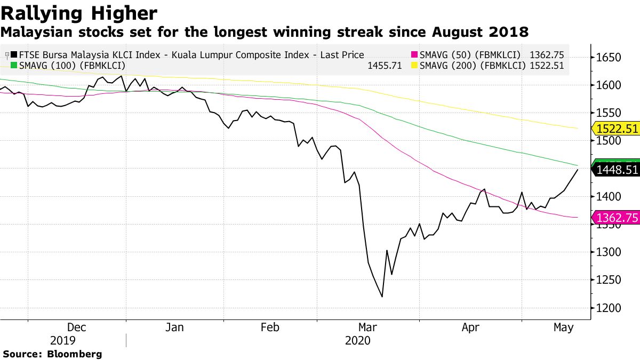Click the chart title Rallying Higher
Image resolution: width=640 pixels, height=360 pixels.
pyautogui.click(x=79, y=13)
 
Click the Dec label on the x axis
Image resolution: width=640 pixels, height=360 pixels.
pyautogui.click(x=77, y=327)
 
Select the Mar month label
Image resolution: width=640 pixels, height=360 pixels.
pyautogui.click(x=368, y=327)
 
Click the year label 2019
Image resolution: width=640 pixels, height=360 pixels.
pyautogui.click(x=63, y=340)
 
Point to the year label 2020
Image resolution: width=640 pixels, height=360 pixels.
pyautogui.click(x=358, y=340)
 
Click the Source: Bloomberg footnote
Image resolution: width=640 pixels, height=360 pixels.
pyautogui.click(x=52, y=354)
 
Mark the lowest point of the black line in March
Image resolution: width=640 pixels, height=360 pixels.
pyautogui.click(x=382, y=297)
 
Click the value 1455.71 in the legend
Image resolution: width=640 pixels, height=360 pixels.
pyautogui.click(x=385, y=66)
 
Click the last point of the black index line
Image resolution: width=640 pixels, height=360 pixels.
pyautogui.click(x=578, y=170)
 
